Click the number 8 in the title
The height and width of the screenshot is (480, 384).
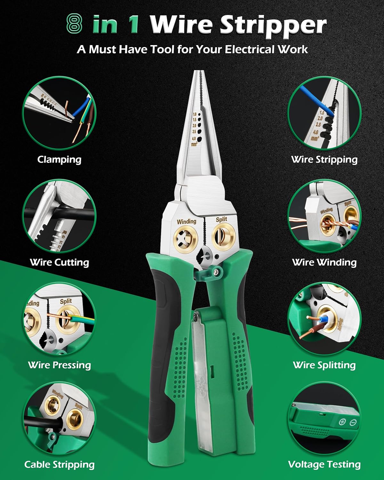coord(75,25)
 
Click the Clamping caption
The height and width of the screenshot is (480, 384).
coord(59,159)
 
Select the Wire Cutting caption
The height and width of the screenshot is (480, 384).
coord(59,262)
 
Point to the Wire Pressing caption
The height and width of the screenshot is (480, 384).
coord(59,365)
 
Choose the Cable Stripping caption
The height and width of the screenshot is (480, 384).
coord(59,465)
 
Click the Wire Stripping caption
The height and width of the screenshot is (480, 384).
coord(324,159)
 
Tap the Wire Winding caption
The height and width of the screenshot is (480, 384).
coord(324,262)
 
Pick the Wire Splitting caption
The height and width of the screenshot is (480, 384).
coord(324,365)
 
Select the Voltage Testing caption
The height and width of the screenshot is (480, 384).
coord(324,465)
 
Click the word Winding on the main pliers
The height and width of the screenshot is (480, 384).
coord(186,221)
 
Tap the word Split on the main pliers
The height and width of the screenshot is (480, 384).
coord(221,219)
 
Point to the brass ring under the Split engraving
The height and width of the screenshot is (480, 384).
coord(224,237)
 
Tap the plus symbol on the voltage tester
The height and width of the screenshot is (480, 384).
coord(342,422)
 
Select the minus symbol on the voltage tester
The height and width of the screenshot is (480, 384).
coord(353,422)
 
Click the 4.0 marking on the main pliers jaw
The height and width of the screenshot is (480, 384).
coord(194,139)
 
